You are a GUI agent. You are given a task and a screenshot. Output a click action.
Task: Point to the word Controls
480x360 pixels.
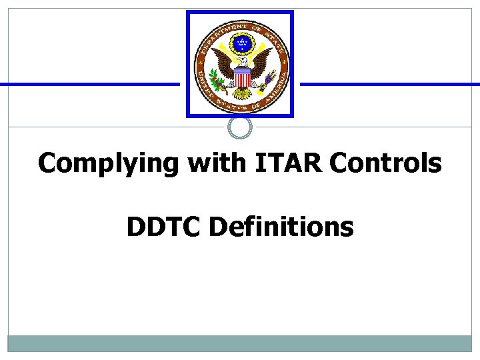point(385,163)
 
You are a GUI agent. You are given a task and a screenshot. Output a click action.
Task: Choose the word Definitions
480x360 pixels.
point(281,227)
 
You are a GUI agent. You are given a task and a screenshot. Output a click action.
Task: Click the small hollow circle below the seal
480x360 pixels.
point(240,127)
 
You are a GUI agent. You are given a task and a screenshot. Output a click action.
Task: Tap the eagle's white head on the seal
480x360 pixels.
point(241,61)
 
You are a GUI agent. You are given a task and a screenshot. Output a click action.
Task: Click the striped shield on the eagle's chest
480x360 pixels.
point(241,78)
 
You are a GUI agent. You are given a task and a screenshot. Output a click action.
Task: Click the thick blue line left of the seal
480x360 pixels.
point(90,84)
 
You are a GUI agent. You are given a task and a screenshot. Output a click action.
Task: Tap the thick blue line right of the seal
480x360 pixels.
point(390,84)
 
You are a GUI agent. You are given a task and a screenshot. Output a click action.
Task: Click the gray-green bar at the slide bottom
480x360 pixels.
point(240,343)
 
